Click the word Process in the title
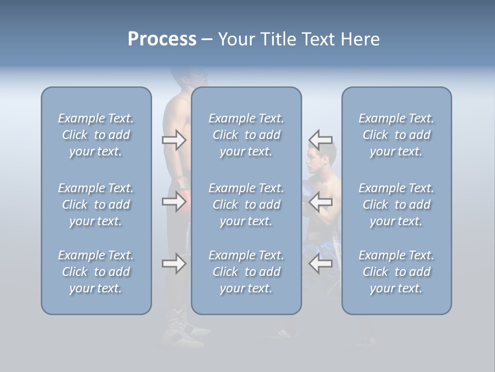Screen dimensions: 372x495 pos(162,39)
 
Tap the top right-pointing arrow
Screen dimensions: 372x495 pos(174,140)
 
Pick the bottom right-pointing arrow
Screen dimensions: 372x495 pos(174,264)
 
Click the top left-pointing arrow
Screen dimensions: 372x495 pos(320,140)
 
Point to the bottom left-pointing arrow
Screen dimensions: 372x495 pos(320,264)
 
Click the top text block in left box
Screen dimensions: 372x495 pos(96,135)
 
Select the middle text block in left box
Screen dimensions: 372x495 pos(96,205)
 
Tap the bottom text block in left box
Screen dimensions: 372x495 pos(96,272)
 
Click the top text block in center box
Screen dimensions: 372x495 pos(246,135)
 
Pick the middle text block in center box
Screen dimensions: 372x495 pos(246,205)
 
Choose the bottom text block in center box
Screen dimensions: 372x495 pos(246,272)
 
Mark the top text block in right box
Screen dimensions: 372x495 pos(397,135)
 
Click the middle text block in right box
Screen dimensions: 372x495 pos(397,205)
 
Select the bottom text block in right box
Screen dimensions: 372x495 pos(397,272)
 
